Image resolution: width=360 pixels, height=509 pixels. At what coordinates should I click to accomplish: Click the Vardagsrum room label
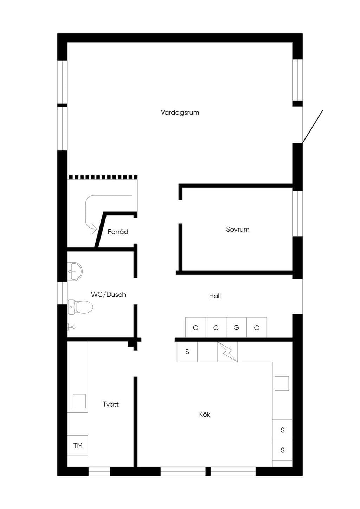point(180,112)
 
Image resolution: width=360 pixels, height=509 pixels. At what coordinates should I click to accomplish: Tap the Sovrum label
point(238,229)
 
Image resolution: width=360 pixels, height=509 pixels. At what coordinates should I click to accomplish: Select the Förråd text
point(118,232)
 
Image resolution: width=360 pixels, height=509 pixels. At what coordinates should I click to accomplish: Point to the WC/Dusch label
point(108,295)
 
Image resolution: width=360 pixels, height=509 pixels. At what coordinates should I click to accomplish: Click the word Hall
point(215,296)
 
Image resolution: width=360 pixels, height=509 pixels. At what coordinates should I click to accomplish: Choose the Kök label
point(205,414)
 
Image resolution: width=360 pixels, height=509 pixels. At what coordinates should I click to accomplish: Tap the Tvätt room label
point(111,404)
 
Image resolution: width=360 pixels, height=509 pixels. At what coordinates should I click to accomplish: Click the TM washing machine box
point(78,445)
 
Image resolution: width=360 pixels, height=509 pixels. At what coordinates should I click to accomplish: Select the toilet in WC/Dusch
point(81,307)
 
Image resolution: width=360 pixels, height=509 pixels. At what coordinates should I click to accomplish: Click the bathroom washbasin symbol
point(75,271)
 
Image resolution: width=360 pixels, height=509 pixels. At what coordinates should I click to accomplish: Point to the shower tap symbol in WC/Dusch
point(71,327)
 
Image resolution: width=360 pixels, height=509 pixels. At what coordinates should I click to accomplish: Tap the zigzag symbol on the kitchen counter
point(227,352)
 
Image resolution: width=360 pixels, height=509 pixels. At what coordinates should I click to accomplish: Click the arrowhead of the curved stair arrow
point(95,228)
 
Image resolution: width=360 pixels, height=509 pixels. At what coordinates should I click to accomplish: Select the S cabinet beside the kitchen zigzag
point(187,352)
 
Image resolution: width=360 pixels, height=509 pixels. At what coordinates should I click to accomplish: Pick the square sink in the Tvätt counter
point(79,401)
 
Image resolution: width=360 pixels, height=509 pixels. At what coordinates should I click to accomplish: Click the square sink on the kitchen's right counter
point(282,384)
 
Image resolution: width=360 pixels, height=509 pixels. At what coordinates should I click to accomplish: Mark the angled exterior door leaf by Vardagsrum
point(313,127)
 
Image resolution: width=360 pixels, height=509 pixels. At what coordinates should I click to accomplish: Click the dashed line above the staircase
point(103,177)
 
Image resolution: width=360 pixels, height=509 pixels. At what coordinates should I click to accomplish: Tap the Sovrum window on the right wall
point(297,214)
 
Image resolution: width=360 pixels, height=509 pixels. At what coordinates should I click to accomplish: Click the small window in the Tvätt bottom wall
point(99,471)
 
